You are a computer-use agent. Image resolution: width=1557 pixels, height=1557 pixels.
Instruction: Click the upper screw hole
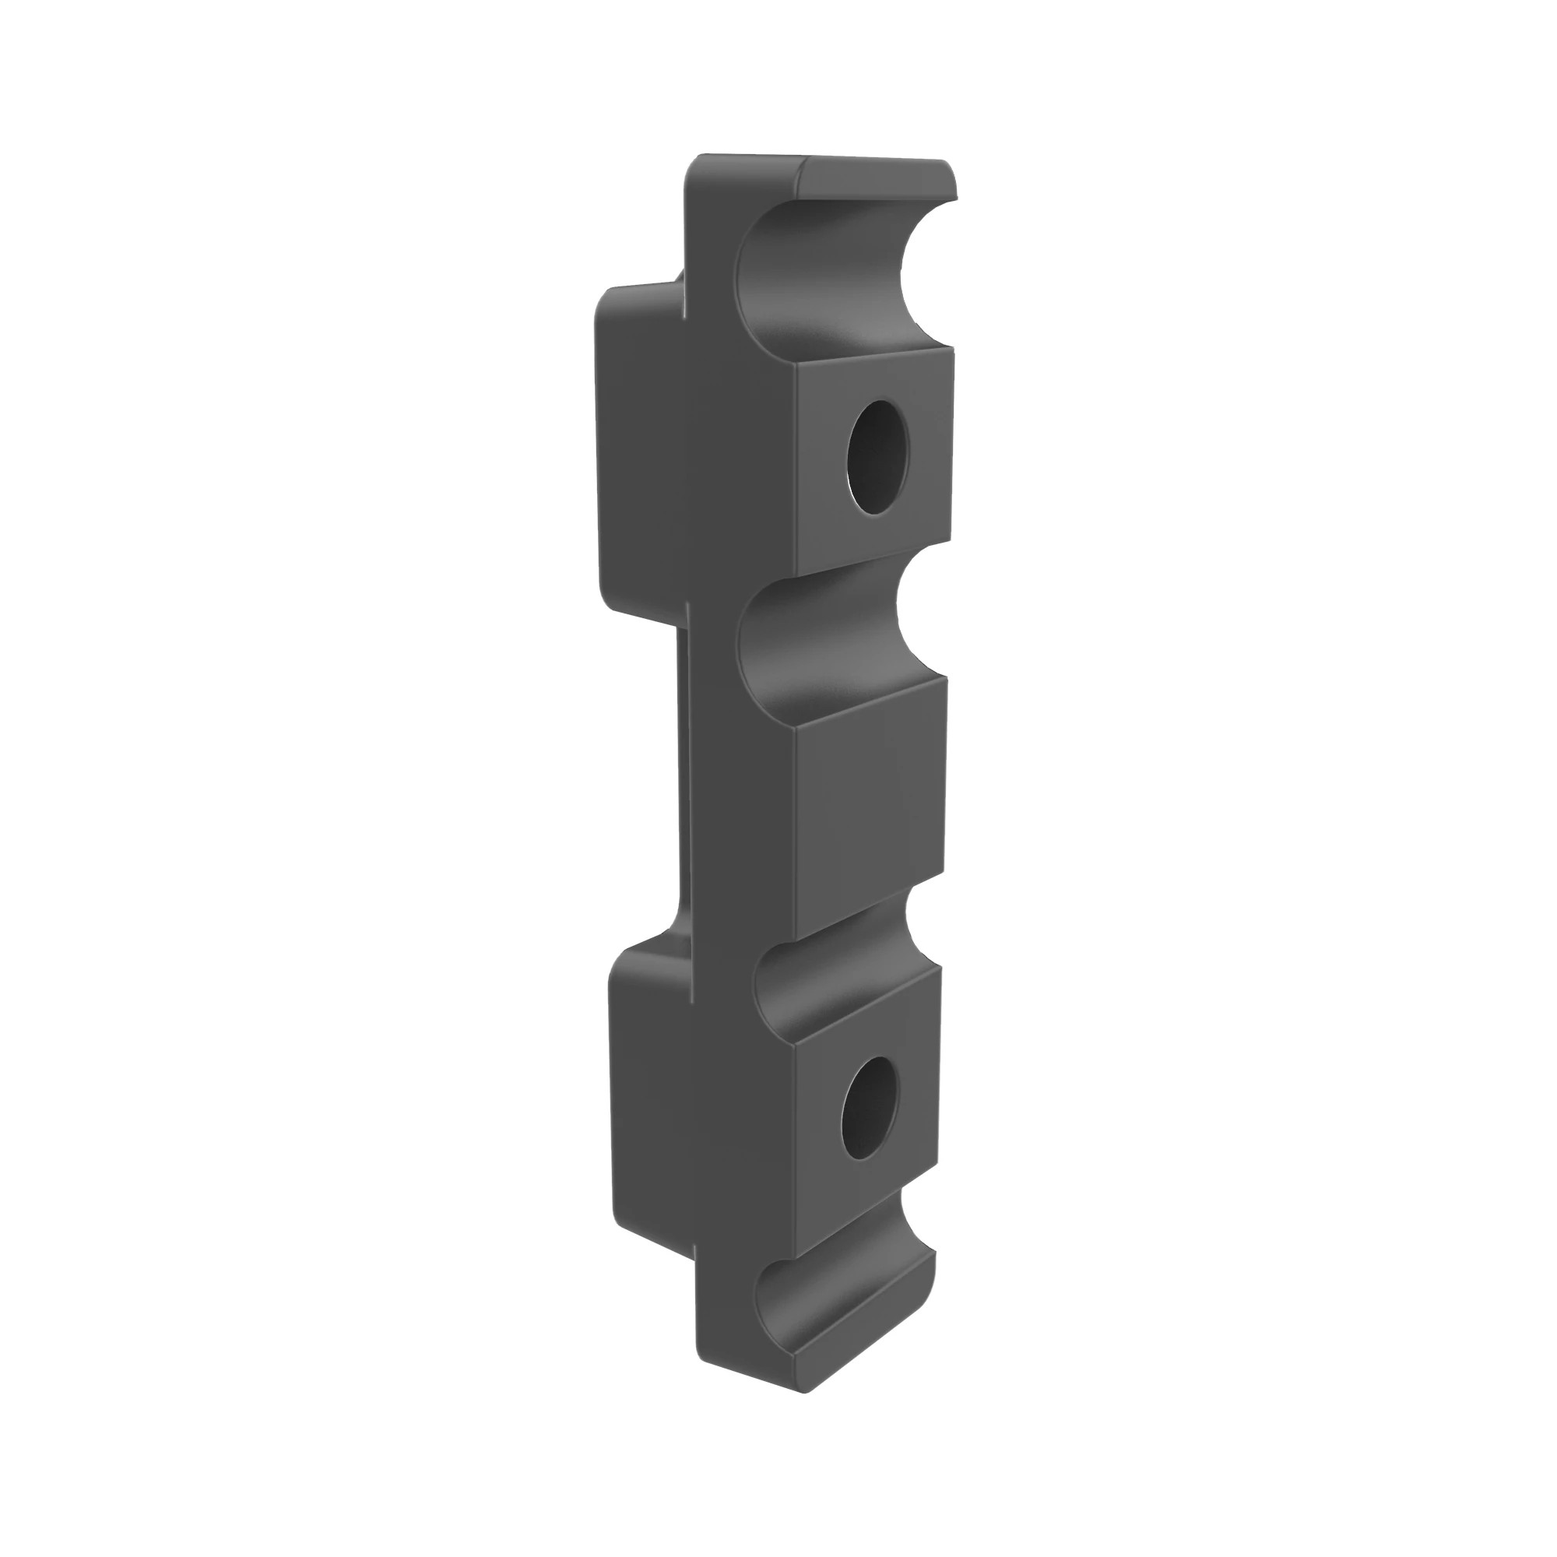[x=877, y=457]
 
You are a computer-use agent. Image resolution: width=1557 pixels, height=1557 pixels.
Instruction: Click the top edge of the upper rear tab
[x=637, y=289]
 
